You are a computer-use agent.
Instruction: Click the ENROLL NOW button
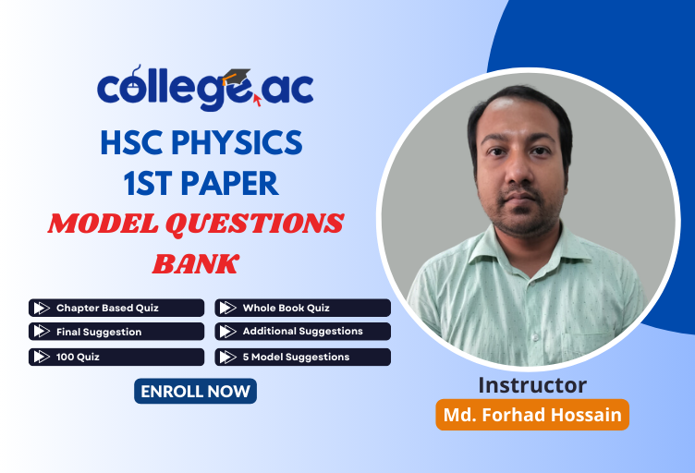195,391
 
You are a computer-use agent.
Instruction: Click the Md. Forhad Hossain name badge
532,414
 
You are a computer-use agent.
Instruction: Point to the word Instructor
532,385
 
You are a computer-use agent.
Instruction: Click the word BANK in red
195,264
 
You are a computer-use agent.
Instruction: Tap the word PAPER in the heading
231,183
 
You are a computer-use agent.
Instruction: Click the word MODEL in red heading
101,224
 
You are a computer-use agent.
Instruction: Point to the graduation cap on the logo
238,77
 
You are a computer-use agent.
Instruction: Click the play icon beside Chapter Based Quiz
41,308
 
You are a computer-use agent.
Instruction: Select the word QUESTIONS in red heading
263,224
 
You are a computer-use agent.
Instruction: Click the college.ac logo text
204,90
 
